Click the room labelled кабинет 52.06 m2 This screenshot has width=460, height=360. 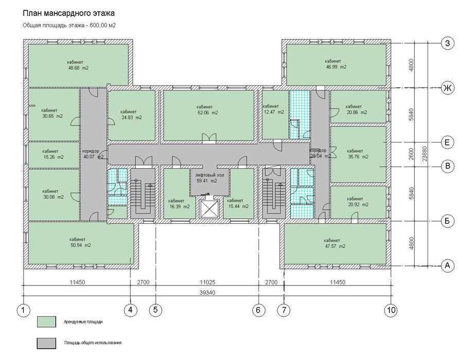pos(208,115)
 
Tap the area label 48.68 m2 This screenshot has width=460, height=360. pos(78,68)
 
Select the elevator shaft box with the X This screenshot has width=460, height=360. pos(209,209)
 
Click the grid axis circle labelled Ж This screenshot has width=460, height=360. pos(447,88)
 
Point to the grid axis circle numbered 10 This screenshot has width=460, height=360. pos(392,310)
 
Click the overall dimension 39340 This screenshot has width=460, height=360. pos(207,293)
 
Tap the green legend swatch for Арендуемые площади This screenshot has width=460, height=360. pos(46,321)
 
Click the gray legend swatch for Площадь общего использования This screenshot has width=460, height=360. pos(46,344)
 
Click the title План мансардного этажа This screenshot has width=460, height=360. pos(68,13)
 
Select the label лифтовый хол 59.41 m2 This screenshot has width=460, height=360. pos(210,178)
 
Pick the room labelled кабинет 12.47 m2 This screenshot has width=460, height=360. pos(275,114)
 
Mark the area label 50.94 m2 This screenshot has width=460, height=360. pos(80,245)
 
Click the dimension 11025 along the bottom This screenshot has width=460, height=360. pos(207,282)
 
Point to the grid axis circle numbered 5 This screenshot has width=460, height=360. pos(155,310)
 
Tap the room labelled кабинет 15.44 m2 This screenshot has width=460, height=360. pos(238,193)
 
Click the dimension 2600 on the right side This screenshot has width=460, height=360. pos(411,154)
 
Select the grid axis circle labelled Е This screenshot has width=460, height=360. pos(447,142)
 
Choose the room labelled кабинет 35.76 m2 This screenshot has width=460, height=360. pos(358,154)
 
